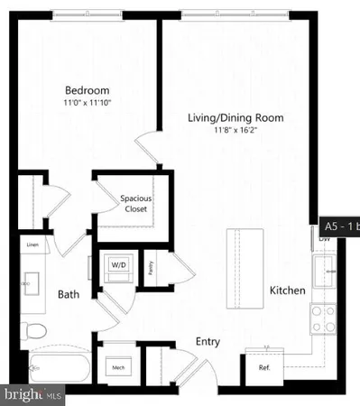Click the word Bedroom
(88, 90)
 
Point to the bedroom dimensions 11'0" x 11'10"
(88, 103)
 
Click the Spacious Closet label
(134, 203)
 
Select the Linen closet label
(32, 245)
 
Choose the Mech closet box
(117, 367)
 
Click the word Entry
(209, 342)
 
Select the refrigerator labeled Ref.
(264, 368)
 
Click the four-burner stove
(323, 318)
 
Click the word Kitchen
(287, 291)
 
